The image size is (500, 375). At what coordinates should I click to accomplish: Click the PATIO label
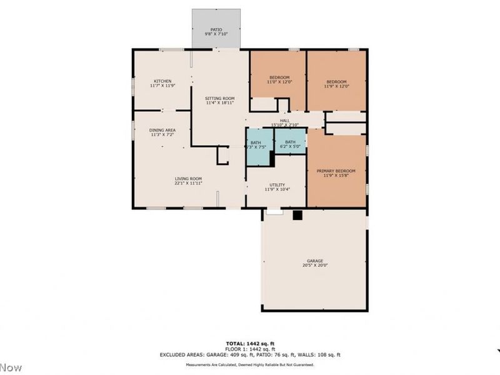click(x=216, y=29)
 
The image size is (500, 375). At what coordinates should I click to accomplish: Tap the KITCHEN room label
click(x=163, y=81)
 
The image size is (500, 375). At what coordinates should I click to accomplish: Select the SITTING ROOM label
click(x=219, y=99)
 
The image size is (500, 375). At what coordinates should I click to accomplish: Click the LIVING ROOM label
click(x=187, y=179)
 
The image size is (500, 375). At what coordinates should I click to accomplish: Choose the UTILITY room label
click(x=277, y=185)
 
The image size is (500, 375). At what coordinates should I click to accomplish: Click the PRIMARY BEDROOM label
click(x=336, y=171)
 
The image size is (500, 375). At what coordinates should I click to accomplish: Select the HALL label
click(x=285, y=121)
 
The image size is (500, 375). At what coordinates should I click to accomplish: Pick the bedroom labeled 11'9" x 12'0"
click(x=336, y=81)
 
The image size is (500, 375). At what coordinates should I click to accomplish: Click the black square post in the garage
click(x=298, y=215)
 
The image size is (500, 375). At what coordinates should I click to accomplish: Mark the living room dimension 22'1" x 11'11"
click(x=187, y=184)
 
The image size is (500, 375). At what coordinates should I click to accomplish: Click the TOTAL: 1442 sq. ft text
click(x=249, y=344)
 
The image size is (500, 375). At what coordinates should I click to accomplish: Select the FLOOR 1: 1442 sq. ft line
click(x=249, y=349)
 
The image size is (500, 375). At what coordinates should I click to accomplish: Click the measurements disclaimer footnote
click(x=249, y=365)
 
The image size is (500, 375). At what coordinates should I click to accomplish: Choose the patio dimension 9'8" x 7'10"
click(x=216, y=34)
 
